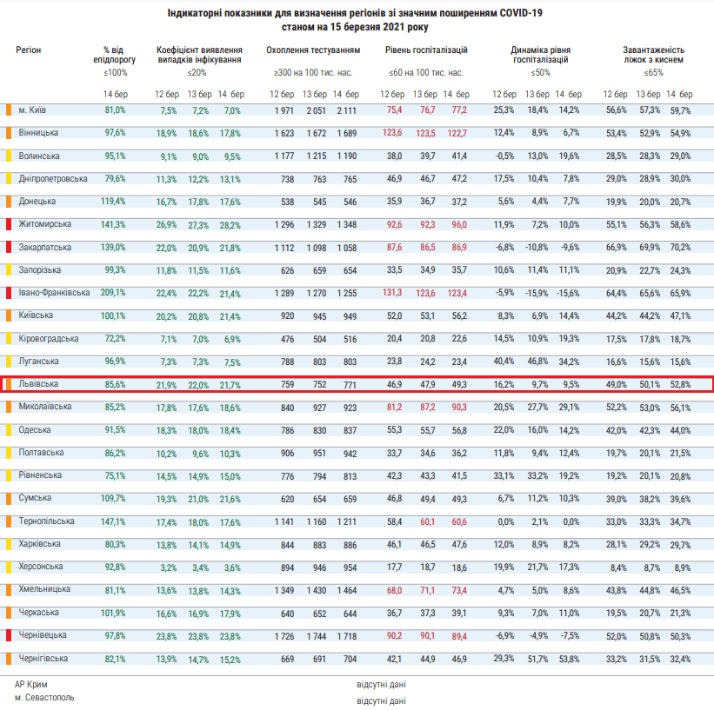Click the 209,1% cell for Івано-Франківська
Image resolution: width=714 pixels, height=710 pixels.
(x=113, y=293)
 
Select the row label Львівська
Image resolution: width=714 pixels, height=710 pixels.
(x=38, y=383)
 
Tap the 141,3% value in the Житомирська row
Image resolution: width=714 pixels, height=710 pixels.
(x=113, y=224)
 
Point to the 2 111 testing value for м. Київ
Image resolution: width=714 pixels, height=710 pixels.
(x=346, y=110)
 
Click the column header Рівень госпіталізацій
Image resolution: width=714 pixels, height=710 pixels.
(x=426, y=50)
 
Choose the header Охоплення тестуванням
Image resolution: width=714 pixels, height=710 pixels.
(x=313, y=50)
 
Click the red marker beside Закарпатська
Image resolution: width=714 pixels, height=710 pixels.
(x=9, y=247)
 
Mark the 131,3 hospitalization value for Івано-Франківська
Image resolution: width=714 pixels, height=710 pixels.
(x=392, y=293)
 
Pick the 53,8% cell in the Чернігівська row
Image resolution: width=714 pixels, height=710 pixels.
(x=569, y=659)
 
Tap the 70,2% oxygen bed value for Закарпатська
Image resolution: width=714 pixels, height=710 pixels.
(x=680, y=247)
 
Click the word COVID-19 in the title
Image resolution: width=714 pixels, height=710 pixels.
(x=521, y=13)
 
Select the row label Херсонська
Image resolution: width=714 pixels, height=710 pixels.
(x=41, y=567)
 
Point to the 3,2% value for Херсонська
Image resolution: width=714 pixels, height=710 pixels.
(x=168, y=567)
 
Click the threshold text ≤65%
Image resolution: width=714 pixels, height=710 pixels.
(x=653, y=73)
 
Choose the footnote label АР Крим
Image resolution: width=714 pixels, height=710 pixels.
(x=31, y=685)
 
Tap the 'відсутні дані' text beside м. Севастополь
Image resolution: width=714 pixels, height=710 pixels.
(x=381, y=701)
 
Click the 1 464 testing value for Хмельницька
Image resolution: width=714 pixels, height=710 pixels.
(x=346, y=590)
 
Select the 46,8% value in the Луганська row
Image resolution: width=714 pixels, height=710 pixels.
(x=537, y=362)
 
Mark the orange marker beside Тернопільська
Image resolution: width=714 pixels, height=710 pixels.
(x=9, y=521)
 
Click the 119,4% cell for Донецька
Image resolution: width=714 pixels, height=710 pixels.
(x=113, y=202)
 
